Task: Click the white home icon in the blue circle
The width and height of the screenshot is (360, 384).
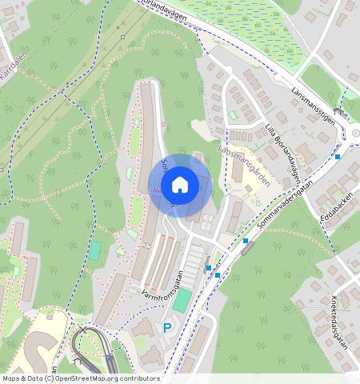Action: (180, 185)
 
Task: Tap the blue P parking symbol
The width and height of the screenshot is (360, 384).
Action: (167, 328)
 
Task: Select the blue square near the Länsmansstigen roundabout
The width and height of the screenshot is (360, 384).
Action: (338, 156)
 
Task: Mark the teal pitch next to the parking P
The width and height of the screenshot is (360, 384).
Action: (182, 301)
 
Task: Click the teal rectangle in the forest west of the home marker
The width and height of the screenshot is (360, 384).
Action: (95, 250)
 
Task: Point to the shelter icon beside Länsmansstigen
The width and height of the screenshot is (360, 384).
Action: (338, 112)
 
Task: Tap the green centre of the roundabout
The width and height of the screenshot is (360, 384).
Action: (356, 134)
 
